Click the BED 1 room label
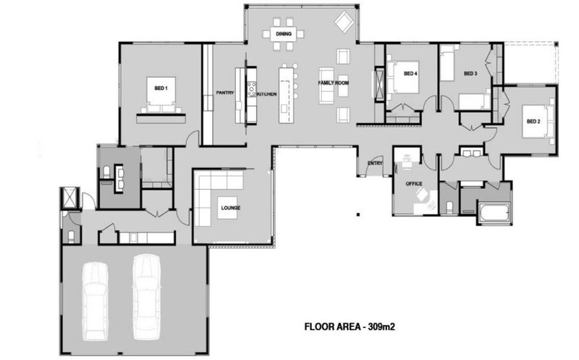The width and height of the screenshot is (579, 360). coord(161,88)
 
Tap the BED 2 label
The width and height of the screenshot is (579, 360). coord(533,121)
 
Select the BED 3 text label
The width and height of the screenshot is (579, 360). coord(470,74)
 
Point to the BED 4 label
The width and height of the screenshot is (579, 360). coord(410,74)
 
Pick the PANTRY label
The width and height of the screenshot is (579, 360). coord(224,93)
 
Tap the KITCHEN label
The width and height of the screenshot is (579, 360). coord(266,94)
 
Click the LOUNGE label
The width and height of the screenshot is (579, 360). coord(230,209)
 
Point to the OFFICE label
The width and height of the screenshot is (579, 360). coord(414,184)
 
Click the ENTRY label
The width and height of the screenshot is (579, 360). coord(375,163)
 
